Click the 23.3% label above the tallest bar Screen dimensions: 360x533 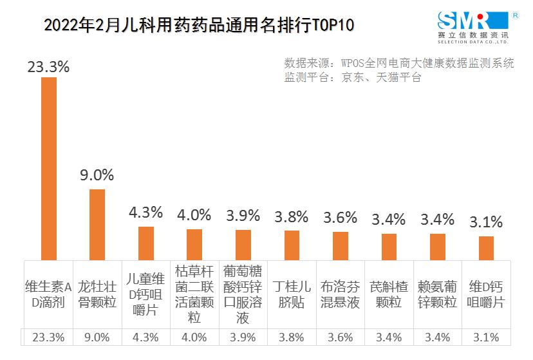(x=48, y=66)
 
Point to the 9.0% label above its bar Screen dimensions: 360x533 (x=97, y=175)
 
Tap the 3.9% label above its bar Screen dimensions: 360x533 (x=243, y=214)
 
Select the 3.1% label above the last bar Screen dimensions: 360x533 (x=486, y=222)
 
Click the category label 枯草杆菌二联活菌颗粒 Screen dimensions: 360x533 (x=194, y=294)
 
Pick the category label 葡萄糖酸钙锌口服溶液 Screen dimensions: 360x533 (x=243, y=294)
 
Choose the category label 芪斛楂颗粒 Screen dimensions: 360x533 (x=389, y=294)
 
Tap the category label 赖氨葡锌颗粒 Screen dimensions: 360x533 (x=438, y=294)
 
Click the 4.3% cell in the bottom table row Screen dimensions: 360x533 (x=146, y=337)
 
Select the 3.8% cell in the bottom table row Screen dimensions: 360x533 (x=292, y=337)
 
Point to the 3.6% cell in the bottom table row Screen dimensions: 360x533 (x=341, y=337)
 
